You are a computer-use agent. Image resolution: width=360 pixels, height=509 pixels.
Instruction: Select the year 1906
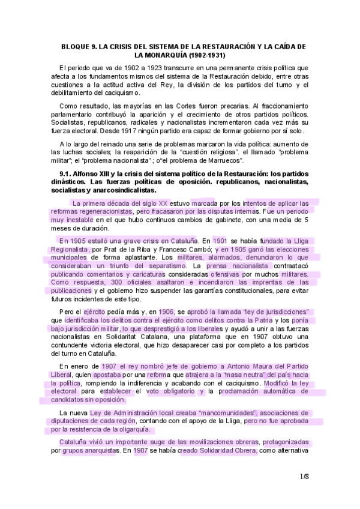click(x=166, y=312)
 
